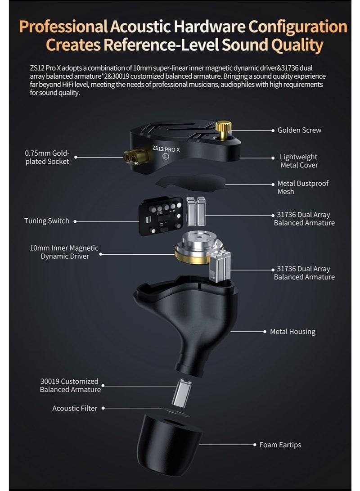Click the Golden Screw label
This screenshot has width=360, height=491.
click(x=299, y=130)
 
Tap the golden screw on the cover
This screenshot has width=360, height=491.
click(x=221, y=128)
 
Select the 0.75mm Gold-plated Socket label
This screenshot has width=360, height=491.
click(x=47, y=157)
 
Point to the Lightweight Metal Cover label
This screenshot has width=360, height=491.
click(x=299, y=161)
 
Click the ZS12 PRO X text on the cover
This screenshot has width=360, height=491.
click(x=166, y=148)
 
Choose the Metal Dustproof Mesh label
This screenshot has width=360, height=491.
click(x=303, y=187)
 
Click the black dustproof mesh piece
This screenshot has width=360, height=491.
click(x=191, y=182)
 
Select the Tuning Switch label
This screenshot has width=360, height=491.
click(x=47, y=221)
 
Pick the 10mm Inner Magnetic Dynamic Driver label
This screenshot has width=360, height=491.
click(x=64, y=252)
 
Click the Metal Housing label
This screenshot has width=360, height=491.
click(x=292, y=332)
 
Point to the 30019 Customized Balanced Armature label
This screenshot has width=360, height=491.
click(x=70, y=385)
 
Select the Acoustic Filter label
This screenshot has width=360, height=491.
click(x=75, y=408)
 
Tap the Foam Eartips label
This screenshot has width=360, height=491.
click(x=280, y=445)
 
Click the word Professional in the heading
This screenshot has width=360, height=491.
click(x=63, y=27)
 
